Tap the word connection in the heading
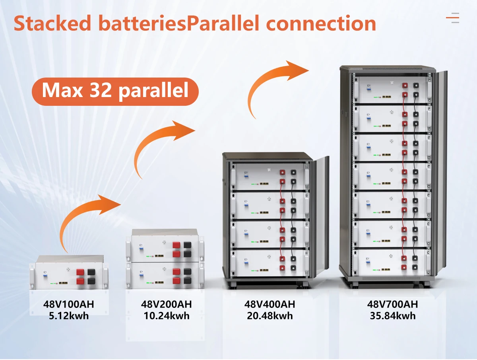click(x=321, y=24)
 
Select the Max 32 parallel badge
click(x=115, y=91)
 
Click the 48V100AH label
click(x=69, y=305)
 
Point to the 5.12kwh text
click(x=69, y=316)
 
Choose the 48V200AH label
click(x=166, y=305)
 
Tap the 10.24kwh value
click(x=166, y=316)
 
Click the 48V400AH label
click(x=270, y=305)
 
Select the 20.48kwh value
click(x=270, y=316)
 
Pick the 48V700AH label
click(x=392, y=305)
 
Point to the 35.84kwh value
click(x=392, y=316)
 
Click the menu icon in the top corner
click(x=452, y=18)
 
